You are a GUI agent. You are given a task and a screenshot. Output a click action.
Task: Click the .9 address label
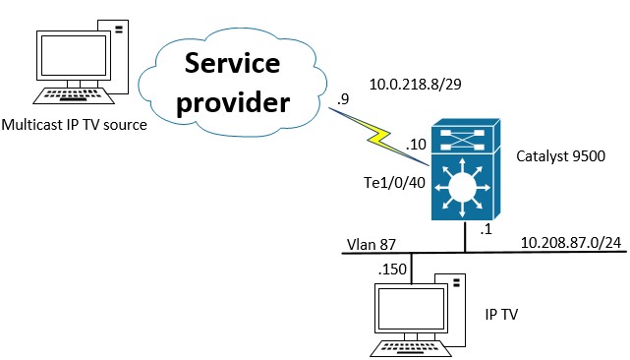342,98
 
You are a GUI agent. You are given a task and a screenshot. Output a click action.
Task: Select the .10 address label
416,145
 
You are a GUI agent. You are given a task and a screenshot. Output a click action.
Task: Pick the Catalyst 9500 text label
559,156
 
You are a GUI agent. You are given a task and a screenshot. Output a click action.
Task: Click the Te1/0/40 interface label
394,183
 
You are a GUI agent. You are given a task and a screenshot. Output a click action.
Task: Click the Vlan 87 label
370,242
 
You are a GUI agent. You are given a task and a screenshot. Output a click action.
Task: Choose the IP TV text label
503,315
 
